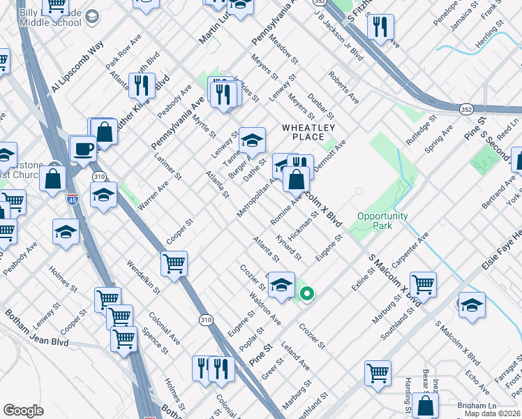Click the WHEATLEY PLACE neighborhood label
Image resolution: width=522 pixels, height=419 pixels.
pos(308,132)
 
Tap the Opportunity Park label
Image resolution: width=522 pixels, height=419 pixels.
pos(382,221)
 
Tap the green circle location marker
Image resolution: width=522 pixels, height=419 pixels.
pos(306,295)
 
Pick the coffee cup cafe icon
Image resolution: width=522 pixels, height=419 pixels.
pos(84,149)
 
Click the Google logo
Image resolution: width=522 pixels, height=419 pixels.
pos(23,411)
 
